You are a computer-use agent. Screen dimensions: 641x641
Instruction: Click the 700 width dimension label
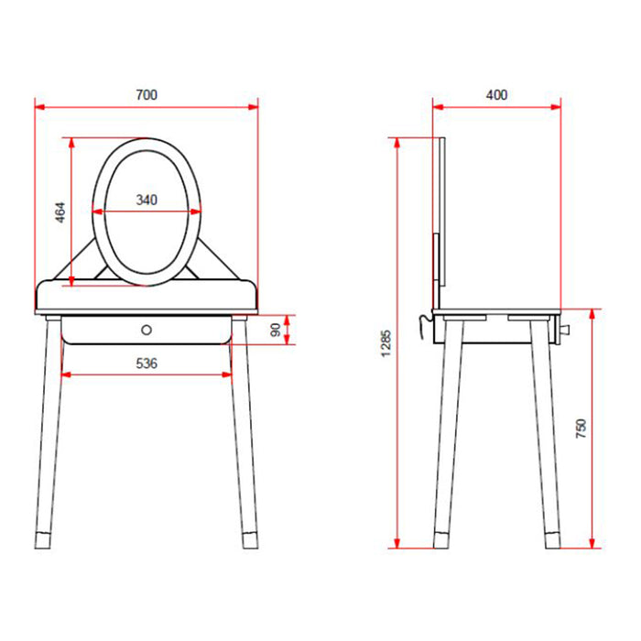[146, 95]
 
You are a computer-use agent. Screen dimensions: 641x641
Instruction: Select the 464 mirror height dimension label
[60, 212]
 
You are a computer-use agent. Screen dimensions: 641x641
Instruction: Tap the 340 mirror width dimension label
[147, 200]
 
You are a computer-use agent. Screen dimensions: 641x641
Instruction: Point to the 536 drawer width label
[147, 364]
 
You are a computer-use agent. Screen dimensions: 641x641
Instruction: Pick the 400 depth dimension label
[496, 95]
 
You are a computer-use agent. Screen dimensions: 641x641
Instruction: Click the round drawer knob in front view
[147, 328]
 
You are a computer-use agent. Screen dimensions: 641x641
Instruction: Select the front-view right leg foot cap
[250, 538]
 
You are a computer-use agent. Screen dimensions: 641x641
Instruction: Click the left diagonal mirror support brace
[83, 260]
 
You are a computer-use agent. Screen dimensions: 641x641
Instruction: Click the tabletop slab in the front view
[147, 298]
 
